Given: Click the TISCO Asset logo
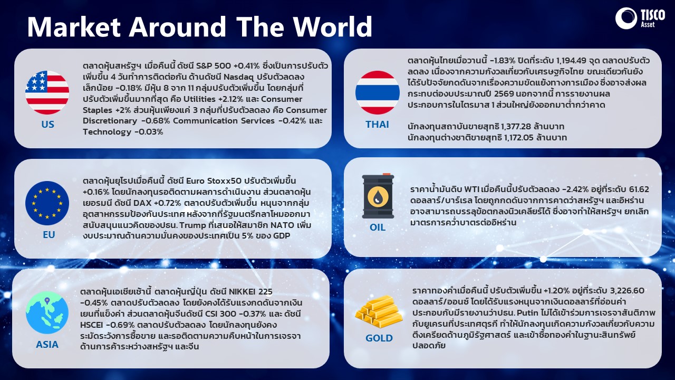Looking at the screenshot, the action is [x=640, y=18].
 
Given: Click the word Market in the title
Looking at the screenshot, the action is [x=74, y=27].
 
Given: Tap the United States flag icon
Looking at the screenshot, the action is [x=47, y=92].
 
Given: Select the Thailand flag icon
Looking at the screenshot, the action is [x=377, y=92].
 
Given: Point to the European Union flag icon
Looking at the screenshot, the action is [x=47, y=203].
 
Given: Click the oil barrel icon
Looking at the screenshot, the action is [x=378, y=196].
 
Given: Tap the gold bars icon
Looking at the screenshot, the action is [x=378, y=311].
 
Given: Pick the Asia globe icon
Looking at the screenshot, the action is [x=47, y=312].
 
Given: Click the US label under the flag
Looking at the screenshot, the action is [x=47, y=124].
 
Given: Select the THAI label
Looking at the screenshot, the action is [x=377, y=124].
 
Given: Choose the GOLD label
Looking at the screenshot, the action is [x=379, y=338].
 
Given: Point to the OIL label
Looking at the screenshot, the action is [x=378, y=227].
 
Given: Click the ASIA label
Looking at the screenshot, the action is [x=47, y=345].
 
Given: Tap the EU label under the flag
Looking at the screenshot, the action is [x=49, y=235].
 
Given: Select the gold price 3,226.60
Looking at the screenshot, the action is [x=627, y=291].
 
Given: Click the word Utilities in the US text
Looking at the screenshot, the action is [x=199, y=99].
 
